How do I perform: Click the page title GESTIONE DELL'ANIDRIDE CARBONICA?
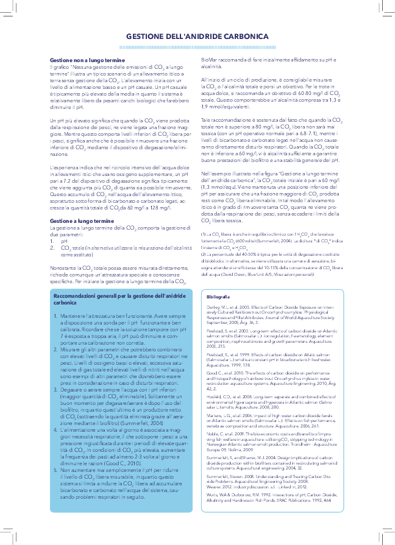(197, 37)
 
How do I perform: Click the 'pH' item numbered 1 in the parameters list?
(64, 241)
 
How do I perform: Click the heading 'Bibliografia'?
(218, 296)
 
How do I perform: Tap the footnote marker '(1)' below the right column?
(205, 234)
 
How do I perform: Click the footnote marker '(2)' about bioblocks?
(205, 253)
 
